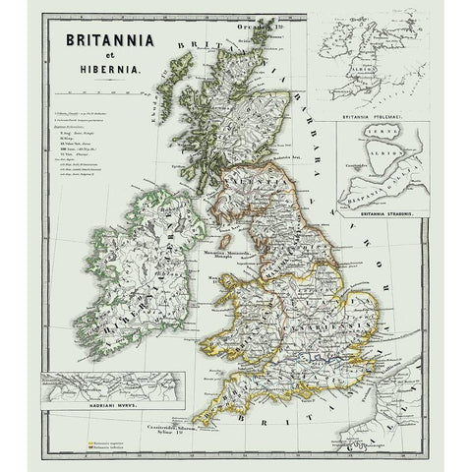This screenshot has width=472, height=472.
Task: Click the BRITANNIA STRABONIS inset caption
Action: (375, 213)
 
